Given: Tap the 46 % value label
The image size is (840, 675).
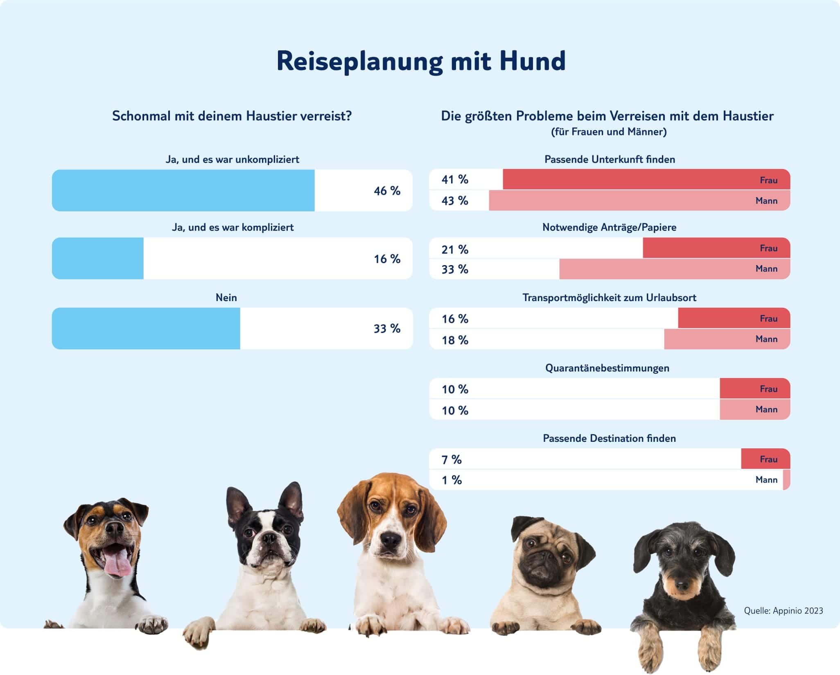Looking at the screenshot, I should (387, 191).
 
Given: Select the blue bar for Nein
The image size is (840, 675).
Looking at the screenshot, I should (146, 328).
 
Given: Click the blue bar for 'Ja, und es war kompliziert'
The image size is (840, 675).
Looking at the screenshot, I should (98, 259).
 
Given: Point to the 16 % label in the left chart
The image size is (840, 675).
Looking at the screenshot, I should (387, 259).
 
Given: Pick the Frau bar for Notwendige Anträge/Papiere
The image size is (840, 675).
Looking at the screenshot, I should (716, 248).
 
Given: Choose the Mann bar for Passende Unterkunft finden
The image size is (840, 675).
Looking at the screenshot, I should (639, 200).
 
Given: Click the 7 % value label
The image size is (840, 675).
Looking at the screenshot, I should (452, 459).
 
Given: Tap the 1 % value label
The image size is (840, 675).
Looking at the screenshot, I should (452, 480).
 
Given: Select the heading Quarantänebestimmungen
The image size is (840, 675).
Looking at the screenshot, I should (607, 368).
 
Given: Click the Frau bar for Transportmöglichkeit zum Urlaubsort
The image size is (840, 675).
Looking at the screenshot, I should (734, 318).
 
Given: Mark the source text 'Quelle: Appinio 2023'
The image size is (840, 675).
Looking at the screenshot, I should (783, 611).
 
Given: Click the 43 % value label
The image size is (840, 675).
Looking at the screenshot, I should (455, 200).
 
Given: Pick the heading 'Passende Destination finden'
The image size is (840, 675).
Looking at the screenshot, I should (609, 438).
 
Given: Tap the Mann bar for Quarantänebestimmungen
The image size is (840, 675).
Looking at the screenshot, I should (754, 409).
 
